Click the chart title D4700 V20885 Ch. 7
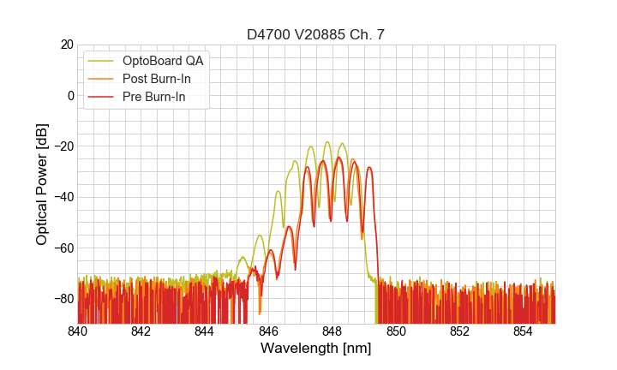point(316,34)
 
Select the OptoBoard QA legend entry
point(163,61)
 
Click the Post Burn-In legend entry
point(156,79)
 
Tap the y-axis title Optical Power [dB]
point(42,184)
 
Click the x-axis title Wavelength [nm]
point(316,349)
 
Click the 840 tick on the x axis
point(78,331)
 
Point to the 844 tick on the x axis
point(205,331)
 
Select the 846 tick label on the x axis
point(269,331)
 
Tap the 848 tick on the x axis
point(332,331)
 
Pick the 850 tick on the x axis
point(396,331)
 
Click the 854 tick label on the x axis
point(524,331)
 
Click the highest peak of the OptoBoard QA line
point(327,142)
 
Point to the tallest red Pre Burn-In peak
point(338,158)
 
